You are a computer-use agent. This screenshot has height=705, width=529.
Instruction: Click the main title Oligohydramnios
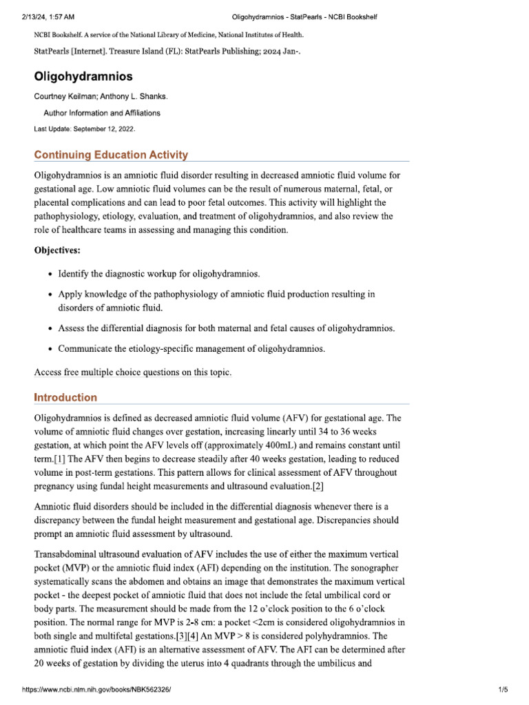83,77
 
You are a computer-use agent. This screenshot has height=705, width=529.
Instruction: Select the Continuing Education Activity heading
111,155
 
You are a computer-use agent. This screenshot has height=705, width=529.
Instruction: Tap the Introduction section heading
65,397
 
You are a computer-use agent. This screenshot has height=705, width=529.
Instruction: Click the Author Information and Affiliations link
102,113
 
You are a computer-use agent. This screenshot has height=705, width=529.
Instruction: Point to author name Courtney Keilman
65,97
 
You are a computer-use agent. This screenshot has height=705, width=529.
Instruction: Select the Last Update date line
85,129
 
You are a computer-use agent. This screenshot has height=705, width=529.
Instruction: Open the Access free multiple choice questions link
133,372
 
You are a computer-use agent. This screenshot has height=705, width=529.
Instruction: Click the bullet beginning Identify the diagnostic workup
158,274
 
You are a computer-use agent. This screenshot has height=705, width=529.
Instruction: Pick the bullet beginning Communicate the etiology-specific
191,348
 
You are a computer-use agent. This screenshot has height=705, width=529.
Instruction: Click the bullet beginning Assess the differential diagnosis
226,328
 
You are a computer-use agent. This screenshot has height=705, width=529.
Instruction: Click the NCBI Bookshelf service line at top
168,34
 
